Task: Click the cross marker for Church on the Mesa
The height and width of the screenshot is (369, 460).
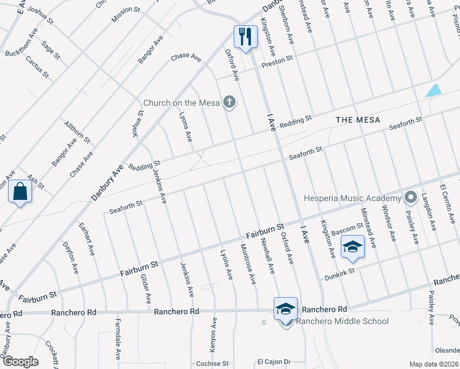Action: pos(229,102)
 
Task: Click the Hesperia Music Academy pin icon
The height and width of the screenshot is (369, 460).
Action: pos(410,197)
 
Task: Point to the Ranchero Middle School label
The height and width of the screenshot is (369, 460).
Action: pos(343,321)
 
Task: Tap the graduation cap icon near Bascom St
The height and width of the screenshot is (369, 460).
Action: pos(352,247)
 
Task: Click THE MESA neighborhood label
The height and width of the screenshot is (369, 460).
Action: pos(357,119)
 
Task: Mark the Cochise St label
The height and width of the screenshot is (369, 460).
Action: pos(212,364)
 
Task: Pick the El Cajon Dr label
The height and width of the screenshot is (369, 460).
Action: pos(273,362)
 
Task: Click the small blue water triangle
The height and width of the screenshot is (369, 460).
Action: pos(434,90)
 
